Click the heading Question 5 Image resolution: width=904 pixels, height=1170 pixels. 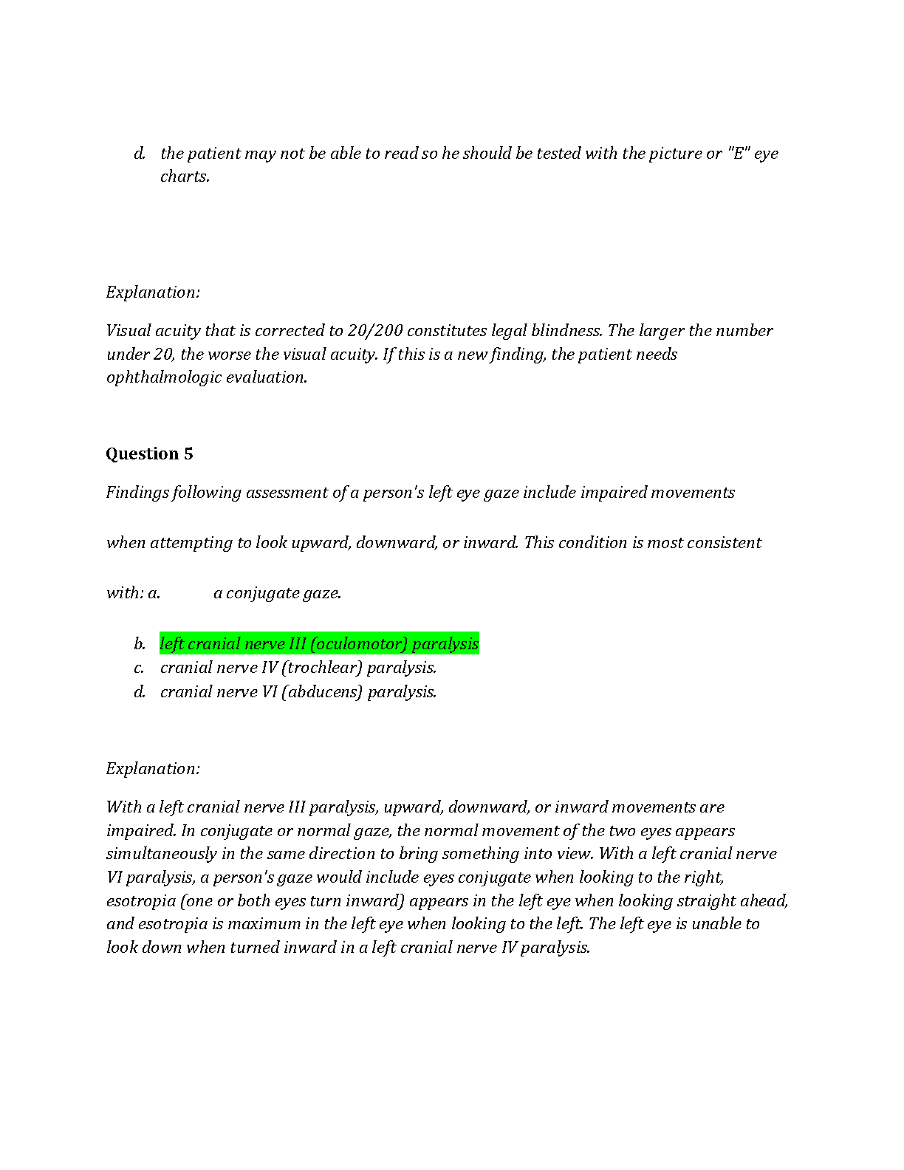149,454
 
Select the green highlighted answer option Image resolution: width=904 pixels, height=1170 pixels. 319,643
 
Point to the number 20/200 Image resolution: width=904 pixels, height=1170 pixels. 374,331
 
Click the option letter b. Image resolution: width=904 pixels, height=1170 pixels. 140,644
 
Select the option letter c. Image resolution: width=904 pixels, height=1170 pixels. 139,668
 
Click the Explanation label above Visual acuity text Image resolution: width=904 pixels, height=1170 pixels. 153,292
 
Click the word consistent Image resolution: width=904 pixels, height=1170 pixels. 724,543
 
